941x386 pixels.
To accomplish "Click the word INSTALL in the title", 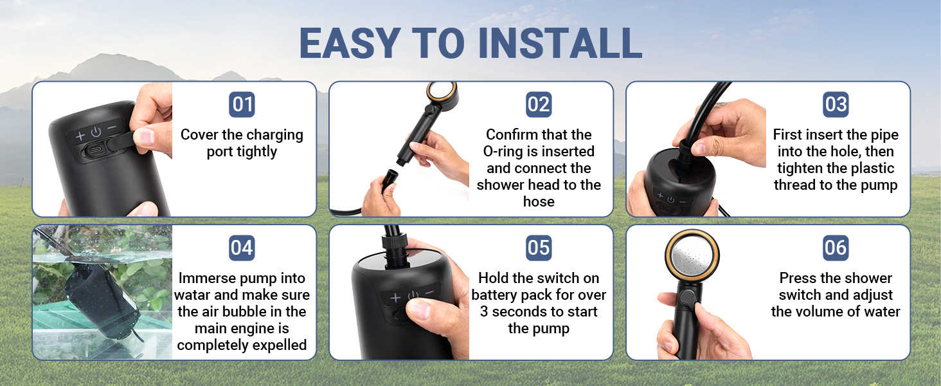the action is coord(560,43).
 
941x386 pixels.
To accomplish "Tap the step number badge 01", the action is coord(242,104).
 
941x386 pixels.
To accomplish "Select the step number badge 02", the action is coord(539,104).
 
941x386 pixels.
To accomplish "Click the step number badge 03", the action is coord(836,104).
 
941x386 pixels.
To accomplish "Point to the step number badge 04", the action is coord(242,248).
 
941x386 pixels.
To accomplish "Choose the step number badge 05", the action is coord(539,248).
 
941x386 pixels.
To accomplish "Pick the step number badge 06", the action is coord(836,248).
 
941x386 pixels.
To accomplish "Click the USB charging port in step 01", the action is coord(96,150).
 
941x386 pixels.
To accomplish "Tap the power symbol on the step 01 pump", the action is coord(96,132).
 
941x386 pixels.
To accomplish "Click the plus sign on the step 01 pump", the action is coord(80,136).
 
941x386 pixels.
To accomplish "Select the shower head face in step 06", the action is coord(692,256).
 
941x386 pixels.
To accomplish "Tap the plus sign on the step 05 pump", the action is coord(395,298).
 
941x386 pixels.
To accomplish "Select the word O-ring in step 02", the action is coord(503,151).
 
